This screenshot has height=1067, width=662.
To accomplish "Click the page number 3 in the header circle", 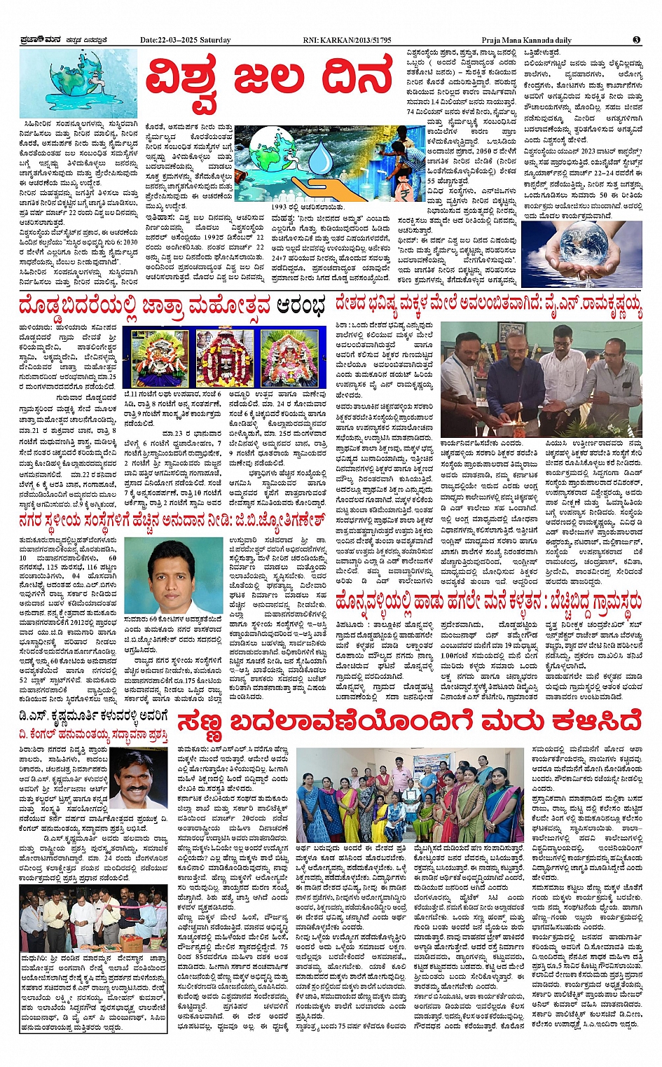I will tap(636, 40).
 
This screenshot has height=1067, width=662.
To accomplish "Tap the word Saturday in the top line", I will tap(215, 41).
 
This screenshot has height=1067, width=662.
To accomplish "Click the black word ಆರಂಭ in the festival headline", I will tap(300, 307).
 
